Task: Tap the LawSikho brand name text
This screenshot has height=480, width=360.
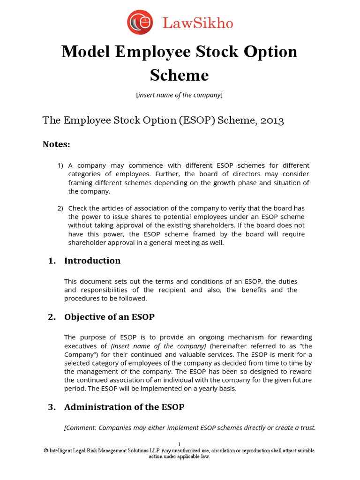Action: pyautogui.click(x=197, y=23)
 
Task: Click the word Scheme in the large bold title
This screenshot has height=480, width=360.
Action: pyautogui.click(x=179, y=75)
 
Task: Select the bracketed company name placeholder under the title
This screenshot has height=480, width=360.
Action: pyautogui.click(x=179, y=95)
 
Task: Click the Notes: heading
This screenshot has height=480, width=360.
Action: pyautogui.click(x=56, y=144)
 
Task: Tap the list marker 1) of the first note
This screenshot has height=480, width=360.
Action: pyautogui.click(x=60, y=166)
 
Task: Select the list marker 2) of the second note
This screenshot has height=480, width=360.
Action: pyautogui.click(x=60, y=208)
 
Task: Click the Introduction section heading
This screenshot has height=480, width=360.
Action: pyautogui.click(x=92, y=261)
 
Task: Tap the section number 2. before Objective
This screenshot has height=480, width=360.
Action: pyautogui.click(x=52, y=317)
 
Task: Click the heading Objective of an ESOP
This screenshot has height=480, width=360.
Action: pyautogui.click(x=109, y=317)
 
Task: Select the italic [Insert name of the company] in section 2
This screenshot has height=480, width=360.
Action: pyautogui.click(x=159, y=346)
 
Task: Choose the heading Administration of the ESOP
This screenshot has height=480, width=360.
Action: pyautogui.click(x=124, y=407)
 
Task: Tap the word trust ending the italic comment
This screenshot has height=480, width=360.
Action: pyautogui.click(x=307, y=427)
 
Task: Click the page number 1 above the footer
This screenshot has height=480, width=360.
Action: pyautogui.click(x=179, y=443)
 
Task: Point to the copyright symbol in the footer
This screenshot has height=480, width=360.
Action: pyautogui.click(x=45, y=450)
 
